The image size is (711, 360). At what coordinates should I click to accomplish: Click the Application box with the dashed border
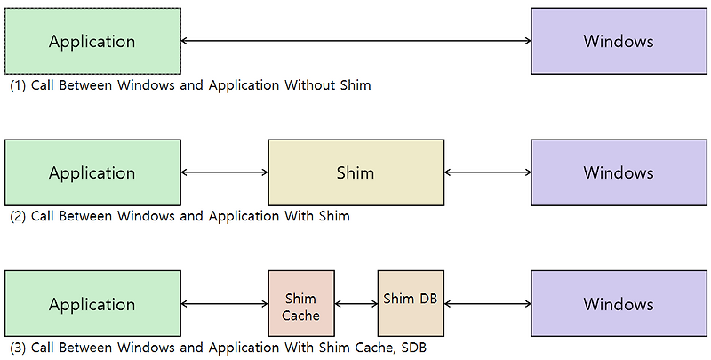92,41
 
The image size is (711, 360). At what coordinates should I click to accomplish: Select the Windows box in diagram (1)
619,41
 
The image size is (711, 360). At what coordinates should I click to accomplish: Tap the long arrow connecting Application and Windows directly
355,41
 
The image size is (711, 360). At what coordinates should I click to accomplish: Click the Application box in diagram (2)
92,172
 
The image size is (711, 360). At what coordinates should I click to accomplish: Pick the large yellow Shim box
355,172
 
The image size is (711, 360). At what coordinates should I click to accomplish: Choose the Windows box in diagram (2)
619,172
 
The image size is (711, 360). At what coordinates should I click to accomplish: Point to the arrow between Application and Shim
224,172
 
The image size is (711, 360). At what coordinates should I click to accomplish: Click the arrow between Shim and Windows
487,172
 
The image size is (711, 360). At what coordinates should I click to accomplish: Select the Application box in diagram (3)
92,304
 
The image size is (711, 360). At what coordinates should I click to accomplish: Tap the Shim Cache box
301,304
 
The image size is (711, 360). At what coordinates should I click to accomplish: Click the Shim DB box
411,304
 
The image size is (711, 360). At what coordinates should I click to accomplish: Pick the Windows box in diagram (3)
619,304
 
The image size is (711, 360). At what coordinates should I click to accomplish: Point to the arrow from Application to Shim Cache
224,304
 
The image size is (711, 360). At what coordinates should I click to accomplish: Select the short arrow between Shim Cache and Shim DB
356,304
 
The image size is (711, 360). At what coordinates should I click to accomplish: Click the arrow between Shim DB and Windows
487,304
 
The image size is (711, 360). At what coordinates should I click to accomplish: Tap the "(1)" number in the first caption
18,86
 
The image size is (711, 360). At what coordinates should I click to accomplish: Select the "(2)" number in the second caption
18,216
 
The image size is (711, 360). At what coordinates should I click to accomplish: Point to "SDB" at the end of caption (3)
411,348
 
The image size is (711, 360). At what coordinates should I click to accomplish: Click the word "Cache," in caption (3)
369,348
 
